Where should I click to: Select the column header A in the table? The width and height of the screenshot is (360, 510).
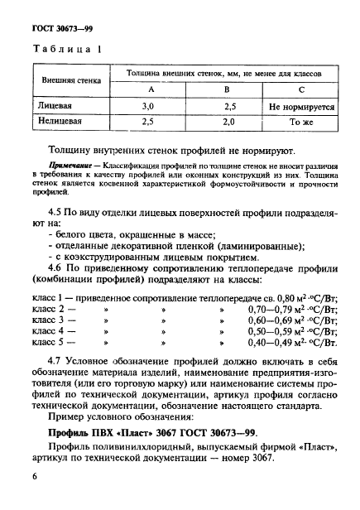coord(151,89)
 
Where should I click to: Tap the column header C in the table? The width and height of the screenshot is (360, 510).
coord(300,89)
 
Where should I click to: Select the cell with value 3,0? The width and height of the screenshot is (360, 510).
coord(149,106)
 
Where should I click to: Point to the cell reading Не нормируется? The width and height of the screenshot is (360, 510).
coord(301,106)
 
